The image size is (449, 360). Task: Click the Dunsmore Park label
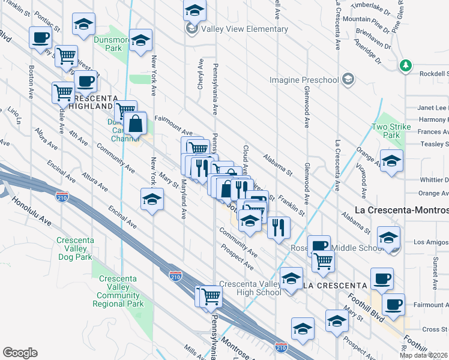pyautogui.click(x=112, y=43)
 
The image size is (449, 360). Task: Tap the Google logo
pyautogui.click(x=20, y=353)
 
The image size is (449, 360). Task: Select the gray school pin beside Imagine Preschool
pyautogui.click(x=348, y=80)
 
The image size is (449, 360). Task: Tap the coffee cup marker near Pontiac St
pyautogui.click(x=40, y=38)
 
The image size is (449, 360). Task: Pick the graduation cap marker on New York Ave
pyautogui.click(x=152, y=200)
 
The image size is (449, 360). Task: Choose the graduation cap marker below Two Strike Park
pyautogui.click(x=391, y=162)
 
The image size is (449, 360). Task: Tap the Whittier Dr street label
pyautogui.click(x=434, y=179)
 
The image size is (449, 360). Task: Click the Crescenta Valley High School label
pyautogui.click(x=250, y=288)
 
